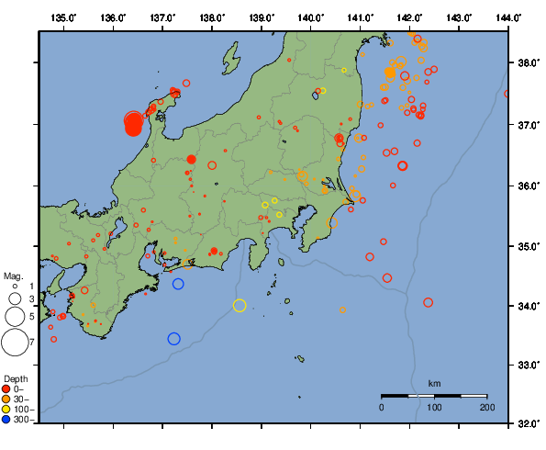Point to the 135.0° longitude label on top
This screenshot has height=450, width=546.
point(64,17)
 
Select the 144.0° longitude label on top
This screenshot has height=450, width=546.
point(508,17)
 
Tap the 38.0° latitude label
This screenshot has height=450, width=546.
point(527,64)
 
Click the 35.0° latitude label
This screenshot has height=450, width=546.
point(527,246)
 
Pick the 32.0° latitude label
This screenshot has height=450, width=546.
point(527,424)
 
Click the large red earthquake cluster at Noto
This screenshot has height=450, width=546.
point(133,123)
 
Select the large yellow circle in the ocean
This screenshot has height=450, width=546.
point(240,306)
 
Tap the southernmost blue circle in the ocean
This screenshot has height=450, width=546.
point(173,339)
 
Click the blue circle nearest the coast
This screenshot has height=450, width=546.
point(178,284)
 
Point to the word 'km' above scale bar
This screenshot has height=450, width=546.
point(434,382)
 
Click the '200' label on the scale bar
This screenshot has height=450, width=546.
point(486,406)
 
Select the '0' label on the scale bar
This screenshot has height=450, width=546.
point(382,406)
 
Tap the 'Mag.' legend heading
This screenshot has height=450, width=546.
point(12,276)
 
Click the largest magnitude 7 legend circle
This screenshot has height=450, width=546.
point(14,343)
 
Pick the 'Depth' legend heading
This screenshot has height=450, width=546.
point(15,378)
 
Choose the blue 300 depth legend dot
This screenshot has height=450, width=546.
point(6,420)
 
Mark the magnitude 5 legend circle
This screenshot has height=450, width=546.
point(14,316)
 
